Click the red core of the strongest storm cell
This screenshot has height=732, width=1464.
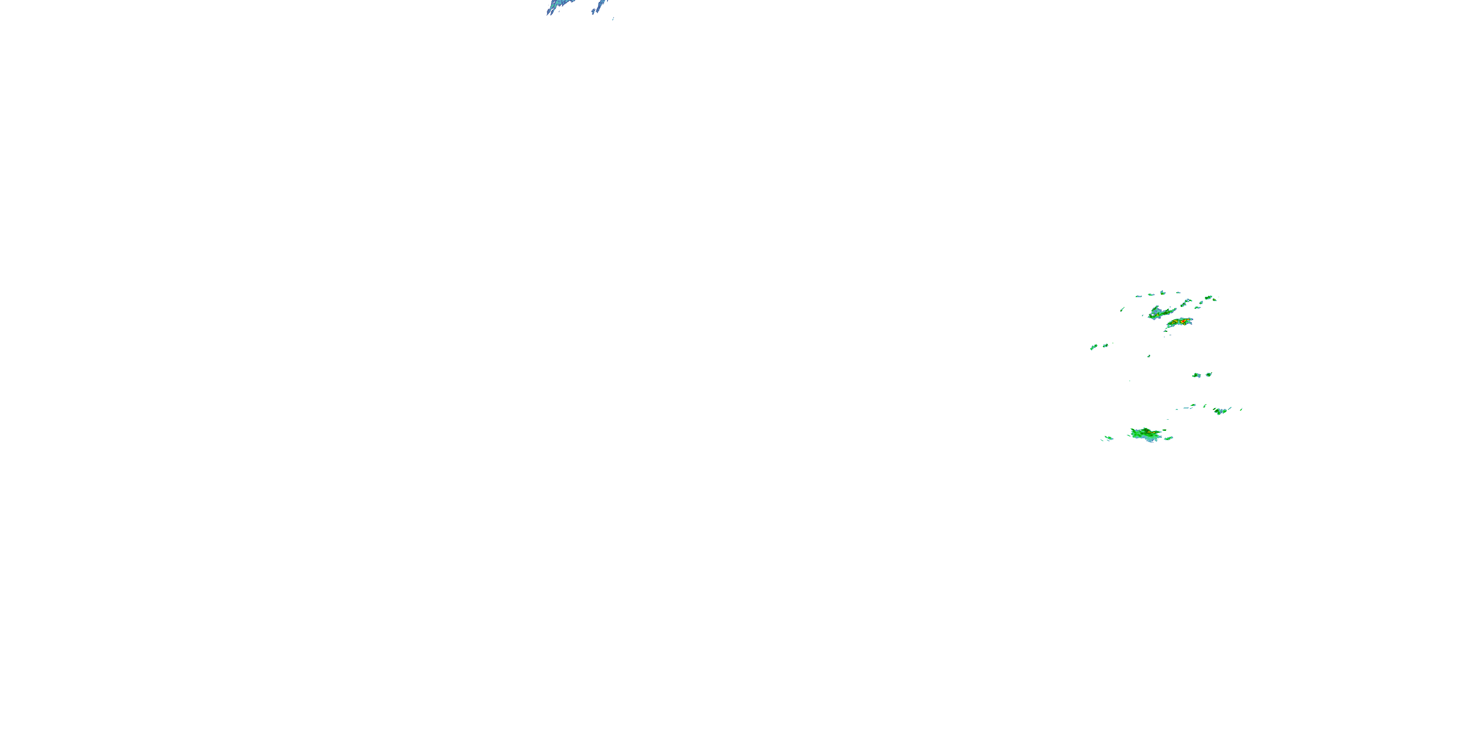(x=1183, y=322)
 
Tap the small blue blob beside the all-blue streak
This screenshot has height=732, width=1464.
(x=612, y=19)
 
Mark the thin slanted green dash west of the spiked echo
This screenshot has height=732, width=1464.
(x=1122, y=309)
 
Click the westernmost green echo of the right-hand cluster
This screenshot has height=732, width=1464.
(x=1094, y=346)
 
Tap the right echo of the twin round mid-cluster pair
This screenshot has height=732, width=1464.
(x=1208, y=374)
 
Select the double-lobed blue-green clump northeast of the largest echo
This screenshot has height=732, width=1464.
(x=1220, y=410)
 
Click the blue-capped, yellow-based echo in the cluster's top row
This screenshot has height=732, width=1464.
(x=1162, y=293)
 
